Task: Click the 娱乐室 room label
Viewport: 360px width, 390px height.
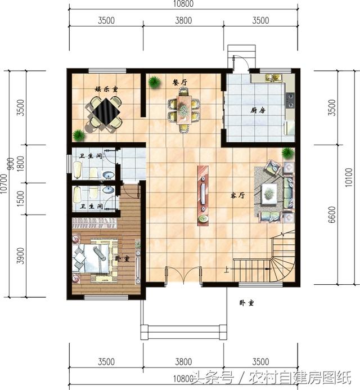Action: [x=106, y=89]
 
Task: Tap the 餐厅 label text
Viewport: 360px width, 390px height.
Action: [x=179, y=82]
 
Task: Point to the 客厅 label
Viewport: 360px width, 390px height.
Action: [x=238, y=196]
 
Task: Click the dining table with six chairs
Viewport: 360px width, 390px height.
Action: [x=184, y=109]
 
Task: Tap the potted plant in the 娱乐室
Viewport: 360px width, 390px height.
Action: [x=79, y=135]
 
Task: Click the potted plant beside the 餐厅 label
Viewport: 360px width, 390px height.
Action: [x=154, y=82]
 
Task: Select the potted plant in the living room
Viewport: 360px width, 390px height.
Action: [x=287, y=152]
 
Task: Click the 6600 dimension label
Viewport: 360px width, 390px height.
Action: [x=331, y=214]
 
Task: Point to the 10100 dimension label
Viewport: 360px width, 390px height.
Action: [x=349, y=178]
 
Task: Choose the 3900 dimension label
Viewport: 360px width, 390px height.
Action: [x=21, y=255]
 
